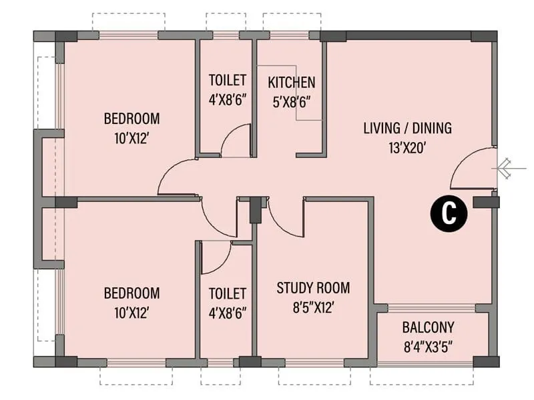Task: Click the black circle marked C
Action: coord(450,213)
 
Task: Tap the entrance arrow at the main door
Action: coord(503,168)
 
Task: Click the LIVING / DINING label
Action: coord(407,128)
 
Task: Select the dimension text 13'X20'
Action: coord(407,147)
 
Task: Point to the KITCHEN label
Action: coord(291,83)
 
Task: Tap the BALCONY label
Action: coord(428,327)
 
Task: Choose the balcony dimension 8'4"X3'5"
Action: coord(428,347)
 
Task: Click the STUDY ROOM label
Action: coord(313,288)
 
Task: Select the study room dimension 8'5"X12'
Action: coord(313,307)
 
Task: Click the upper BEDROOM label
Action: coord(131,119)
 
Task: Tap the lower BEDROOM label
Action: coord(131,293)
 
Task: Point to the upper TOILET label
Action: coord(228,81)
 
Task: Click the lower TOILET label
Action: coord(228,293)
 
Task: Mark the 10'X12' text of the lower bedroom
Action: coord(131,312)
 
